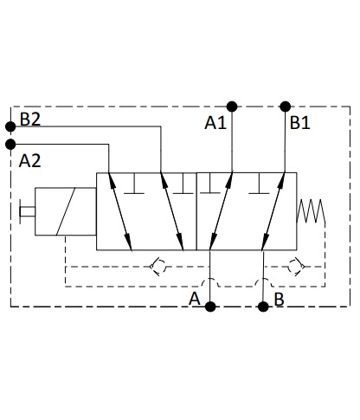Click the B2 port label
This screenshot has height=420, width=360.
point(30,119)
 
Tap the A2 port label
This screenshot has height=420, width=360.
point(29,161)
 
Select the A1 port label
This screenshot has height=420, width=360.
point(215,123)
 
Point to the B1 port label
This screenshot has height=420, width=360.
point(299,123)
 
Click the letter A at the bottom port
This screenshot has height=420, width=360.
point(195,299)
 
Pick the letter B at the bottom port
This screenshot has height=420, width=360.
point(279,299)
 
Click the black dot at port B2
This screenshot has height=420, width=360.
point(10,126)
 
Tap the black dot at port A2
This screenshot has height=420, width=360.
point(10,144)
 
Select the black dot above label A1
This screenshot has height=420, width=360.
point(232,107)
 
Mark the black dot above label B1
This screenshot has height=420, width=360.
point(286,107)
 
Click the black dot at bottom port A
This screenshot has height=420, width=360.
point(210,307)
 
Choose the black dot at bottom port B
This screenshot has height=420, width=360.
point(263,307)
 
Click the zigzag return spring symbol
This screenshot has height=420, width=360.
point(311,211)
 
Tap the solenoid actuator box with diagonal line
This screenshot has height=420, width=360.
point(66,211)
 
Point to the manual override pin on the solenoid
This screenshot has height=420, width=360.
point(27,211)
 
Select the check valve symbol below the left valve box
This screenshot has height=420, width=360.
point(158,267)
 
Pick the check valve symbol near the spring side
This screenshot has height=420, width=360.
point(297,267)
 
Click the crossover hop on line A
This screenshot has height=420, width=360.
point(210,279)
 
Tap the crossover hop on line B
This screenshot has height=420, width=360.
point(263,279)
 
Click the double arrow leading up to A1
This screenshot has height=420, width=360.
point(221,211)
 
